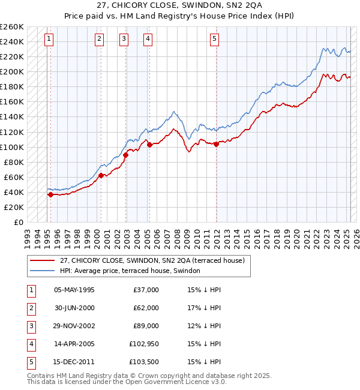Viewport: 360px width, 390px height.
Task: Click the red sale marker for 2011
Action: [x=216, y=144]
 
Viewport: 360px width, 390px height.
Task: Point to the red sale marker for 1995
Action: [x=50, y=194]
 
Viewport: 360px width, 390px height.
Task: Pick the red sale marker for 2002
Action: [x=126, y=155]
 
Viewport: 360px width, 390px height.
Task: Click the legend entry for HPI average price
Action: [x=133, y=271]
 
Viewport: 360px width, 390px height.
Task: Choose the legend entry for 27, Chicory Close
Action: [x=152, y=260]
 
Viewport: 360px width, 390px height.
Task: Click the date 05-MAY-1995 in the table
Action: [x=74, y=290]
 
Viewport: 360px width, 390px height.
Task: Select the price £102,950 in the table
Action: [x=142, y=344]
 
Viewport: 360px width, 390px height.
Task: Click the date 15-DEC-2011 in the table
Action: [x=74, y=362]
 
